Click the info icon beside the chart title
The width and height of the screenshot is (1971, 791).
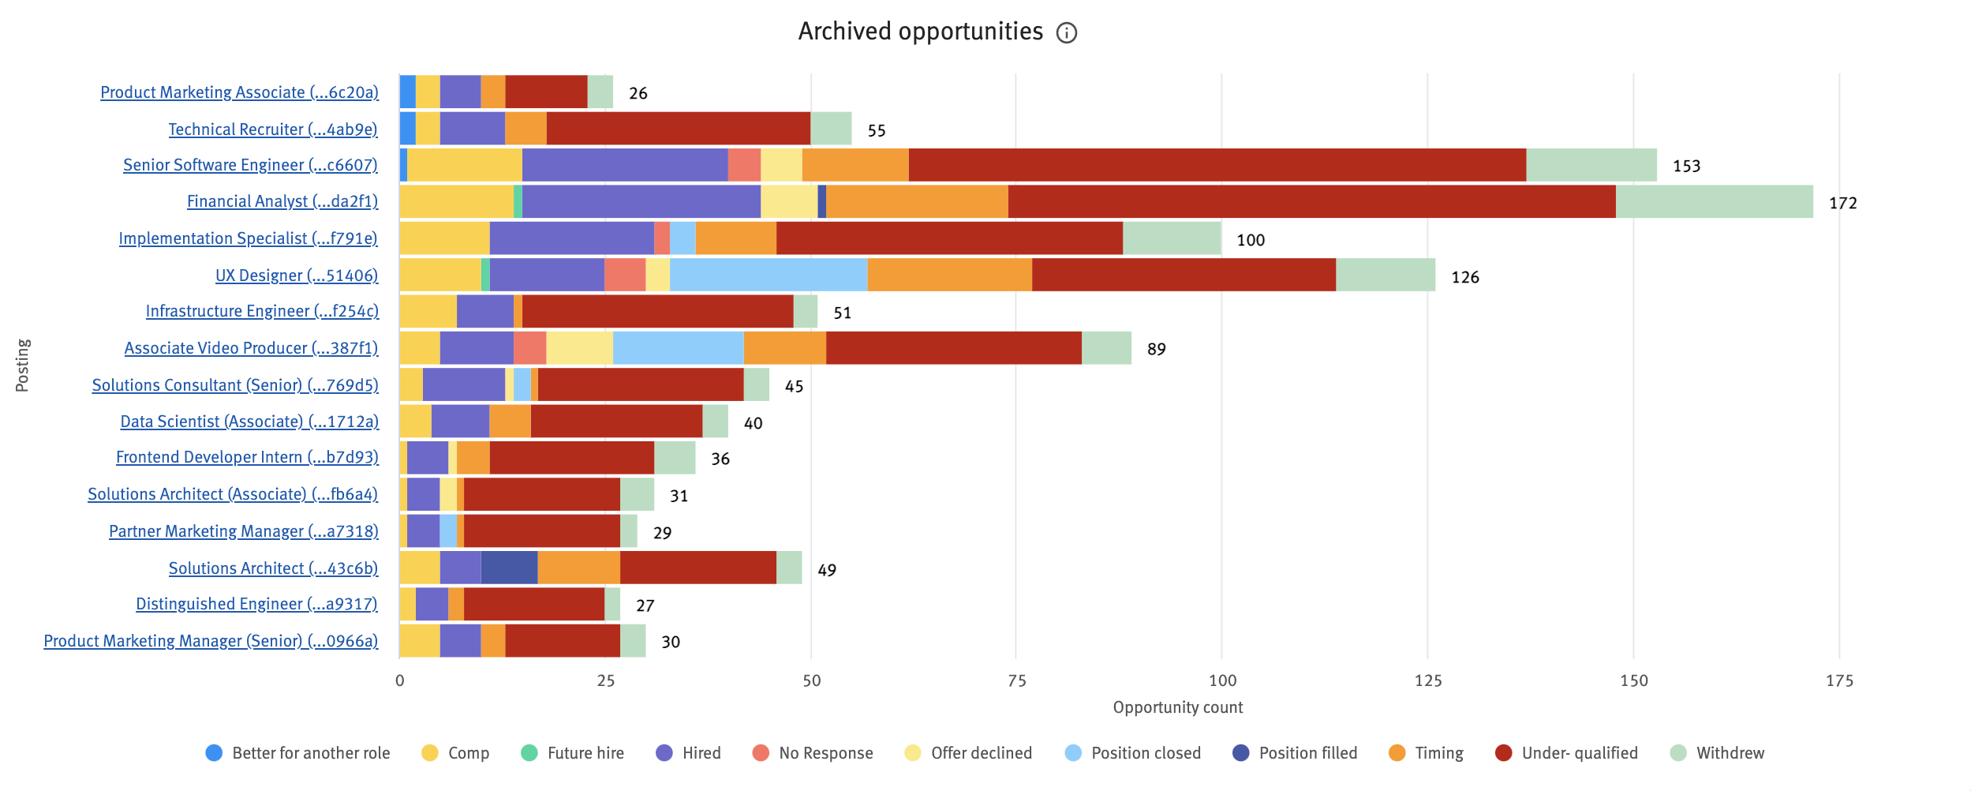pos(1066,32)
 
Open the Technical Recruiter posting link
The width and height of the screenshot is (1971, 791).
pos(273,129)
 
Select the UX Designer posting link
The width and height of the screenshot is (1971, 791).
pos(297,276)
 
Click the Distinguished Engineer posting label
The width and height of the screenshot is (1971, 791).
pos(256,604)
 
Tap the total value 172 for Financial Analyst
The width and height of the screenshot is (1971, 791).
pos(1842,203)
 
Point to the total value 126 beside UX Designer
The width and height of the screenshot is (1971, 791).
pos(1464,277)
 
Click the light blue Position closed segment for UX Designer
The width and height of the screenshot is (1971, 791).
pos(768,275)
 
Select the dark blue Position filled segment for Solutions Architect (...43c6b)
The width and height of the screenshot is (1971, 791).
pos(509,568)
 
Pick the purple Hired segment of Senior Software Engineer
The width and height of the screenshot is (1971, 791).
pos(624,165)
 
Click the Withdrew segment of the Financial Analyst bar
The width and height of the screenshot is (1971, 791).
pos(1714,201)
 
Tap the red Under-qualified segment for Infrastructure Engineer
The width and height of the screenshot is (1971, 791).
pos(657,311)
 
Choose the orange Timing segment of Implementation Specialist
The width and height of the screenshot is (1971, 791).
pos(735,238)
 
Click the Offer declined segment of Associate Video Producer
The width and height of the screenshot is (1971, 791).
pos(579,348)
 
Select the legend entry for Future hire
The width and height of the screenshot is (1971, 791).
pos(585,753)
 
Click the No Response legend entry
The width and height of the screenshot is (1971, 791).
pos(825,753)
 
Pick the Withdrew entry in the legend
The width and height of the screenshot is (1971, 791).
pos(1730,753)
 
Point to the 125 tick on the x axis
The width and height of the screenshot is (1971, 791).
pos(1427,680)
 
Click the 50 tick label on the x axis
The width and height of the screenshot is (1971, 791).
pos(811,680)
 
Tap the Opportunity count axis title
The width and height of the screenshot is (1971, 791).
pos(1177,707)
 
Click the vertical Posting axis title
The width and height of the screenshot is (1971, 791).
pos(23,366)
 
